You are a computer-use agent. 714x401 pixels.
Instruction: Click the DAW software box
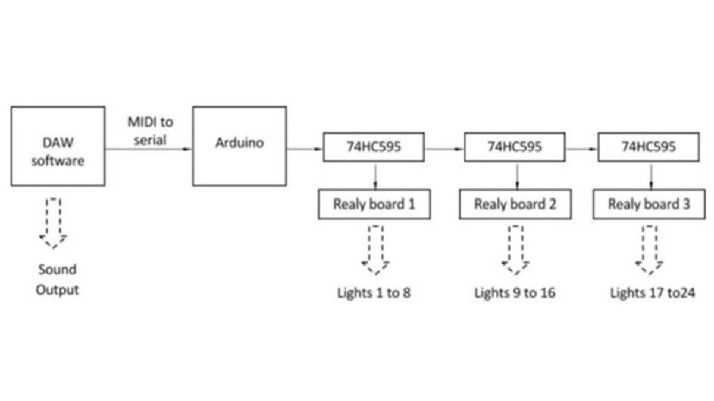click(x=58, y=146)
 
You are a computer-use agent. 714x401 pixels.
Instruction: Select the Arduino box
click(x=239, y=146)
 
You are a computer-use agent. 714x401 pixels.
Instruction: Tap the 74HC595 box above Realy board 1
click(x=374, y=147)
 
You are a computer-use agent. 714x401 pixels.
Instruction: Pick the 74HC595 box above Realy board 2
click(x=515, y=147)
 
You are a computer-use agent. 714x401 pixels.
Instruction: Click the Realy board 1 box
click(x=374, y=204)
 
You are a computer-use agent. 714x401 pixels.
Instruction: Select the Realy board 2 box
click(x=515, y=204)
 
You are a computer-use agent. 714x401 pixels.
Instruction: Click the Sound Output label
click(x=57, y=279)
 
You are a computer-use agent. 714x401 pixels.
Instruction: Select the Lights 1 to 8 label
click(x=374, y=293)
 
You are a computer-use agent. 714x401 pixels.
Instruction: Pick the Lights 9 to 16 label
click(x=515, y=293)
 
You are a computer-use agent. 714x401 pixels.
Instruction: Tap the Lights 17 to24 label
click(x=652, y=293)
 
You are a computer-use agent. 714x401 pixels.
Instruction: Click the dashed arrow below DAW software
click(x=53, y=223)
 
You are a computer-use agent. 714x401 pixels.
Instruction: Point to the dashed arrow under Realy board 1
click(x=375, y=250)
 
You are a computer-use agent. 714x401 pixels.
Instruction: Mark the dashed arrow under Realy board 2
click(x=515, y=250)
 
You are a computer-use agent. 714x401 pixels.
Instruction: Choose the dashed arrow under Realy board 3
click(x=650, y=250)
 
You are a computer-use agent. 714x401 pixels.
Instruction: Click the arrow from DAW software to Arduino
click(x=149, y=149)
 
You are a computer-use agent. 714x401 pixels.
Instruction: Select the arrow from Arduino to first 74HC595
click(x=305, y=149)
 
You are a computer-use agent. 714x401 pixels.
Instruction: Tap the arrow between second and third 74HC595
click(x=582, y=149)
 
